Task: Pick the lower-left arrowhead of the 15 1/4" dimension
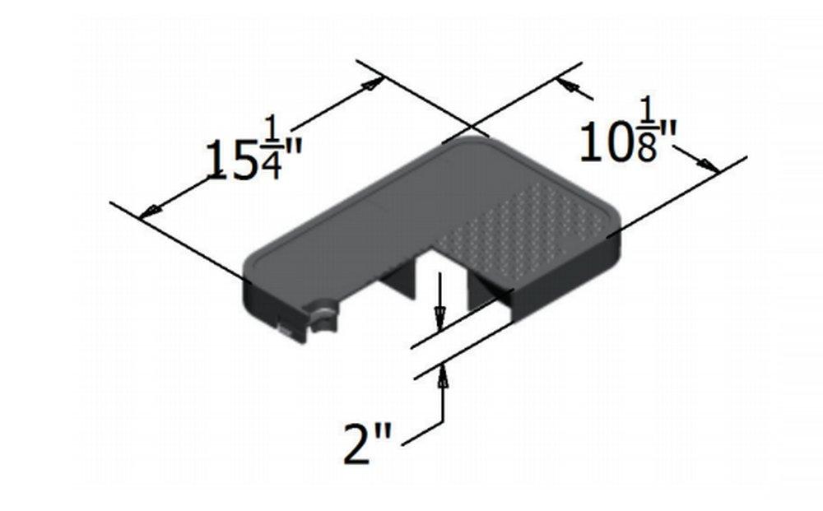click(149, 213)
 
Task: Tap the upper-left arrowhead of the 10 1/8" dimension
click(567, 86)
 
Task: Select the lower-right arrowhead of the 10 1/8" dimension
click(710, 165)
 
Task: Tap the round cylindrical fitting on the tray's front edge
click(323, 316)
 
